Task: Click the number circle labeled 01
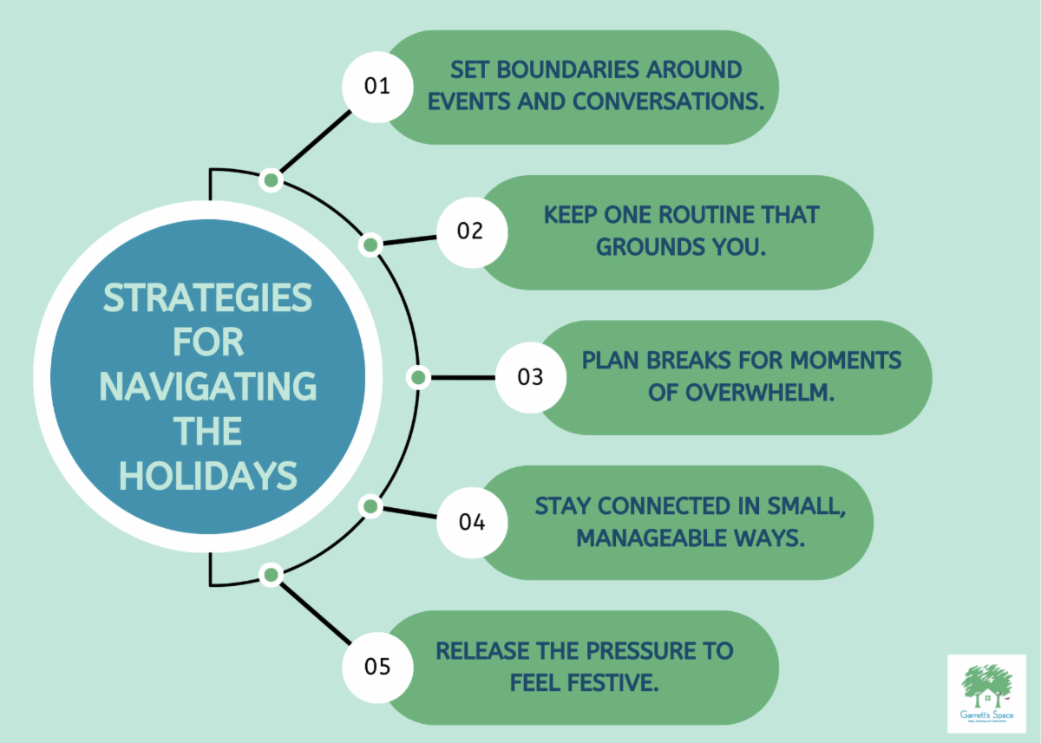(x=376, y=86)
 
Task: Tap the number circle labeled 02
(x=470, y=231)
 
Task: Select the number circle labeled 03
(x=529, y=377)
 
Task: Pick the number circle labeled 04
(x=470, y=523)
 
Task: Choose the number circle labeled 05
(x=376, y=668)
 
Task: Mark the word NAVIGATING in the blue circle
(x=208, y=387)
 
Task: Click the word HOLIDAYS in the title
(x=208, y=476)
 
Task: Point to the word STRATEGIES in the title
(x=208, y=298)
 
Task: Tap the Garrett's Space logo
(x=986, y=694)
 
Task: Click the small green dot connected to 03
(x=418, y=377)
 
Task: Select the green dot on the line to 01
(x=272, y=180)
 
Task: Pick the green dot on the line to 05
(x=272, y=574)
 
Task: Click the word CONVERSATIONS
(x=668, y=101)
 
